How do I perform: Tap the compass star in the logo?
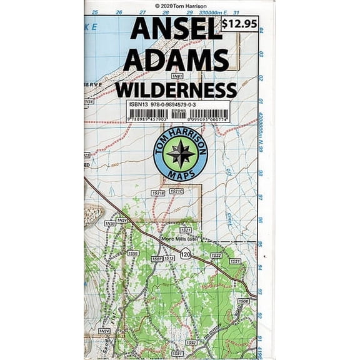181,153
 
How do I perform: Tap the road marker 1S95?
132,253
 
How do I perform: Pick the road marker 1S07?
157,258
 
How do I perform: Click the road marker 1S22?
216,256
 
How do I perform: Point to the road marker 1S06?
243,301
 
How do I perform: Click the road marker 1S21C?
177,191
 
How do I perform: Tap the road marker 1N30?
110,223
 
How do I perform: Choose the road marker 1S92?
191,342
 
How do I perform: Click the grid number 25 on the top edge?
95,12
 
